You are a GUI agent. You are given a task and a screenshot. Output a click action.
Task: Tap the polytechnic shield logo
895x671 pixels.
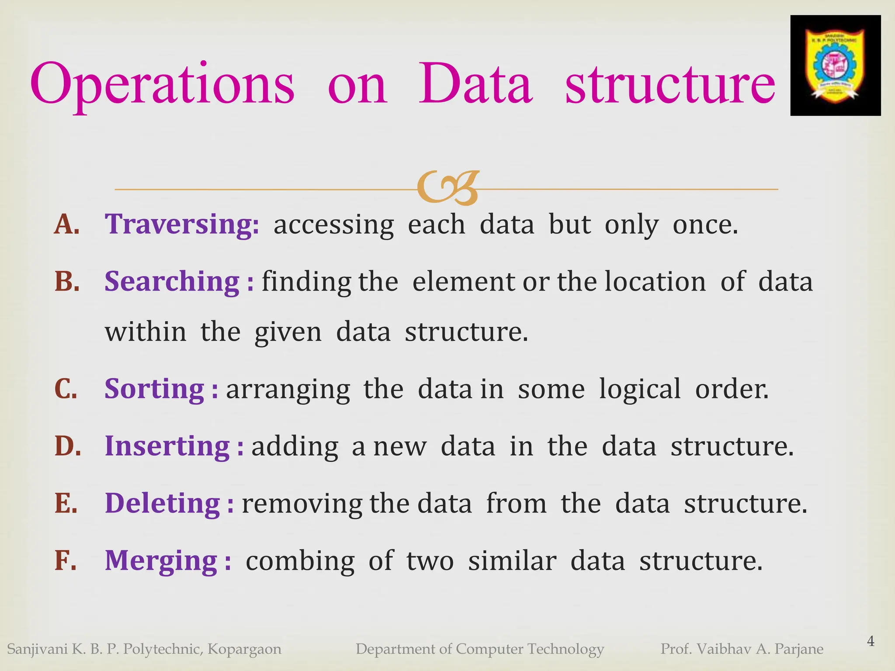pyautogui.click(x=835, y=66)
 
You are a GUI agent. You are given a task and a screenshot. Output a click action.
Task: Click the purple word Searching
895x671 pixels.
pyautogui.click(x=172, y=281)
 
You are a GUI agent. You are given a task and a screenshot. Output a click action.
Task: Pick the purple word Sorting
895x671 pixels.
pyautogui.click(x=154, y=389)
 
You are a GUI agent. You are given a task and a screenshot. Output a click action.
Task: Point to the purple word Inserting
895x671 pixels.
pyautogui.click(x=167, y=446)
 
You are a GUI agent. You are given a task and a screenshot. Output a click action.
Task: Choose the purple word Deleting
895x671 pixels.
pyautogui.click(x=163, y=503)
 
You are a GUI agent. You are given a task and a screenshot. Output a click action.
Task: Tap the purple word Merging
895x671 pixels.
pyautogui.click(x=161, y=560)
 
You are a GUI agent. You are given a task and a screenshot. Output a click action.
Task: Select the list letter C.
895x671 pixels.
pyautogui.click(x=66, y=389)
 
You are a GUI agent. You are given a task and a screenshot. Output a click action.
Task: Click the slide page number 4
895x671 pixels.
pyautogui.click(x=871, y=641)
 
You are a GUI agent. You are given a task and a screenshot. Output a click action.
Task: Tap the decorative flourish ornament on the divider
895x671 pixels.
pyautogui.click(x=447, y=188)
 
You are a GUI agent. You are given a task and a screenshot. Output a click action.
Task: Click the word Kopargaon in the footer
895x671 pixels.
pyautogui.click(x=244, y=649)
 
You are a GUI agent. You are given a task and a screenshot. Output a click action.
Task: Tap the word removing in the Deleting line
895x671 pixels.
pyautogui.click(x=302, y=504)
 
